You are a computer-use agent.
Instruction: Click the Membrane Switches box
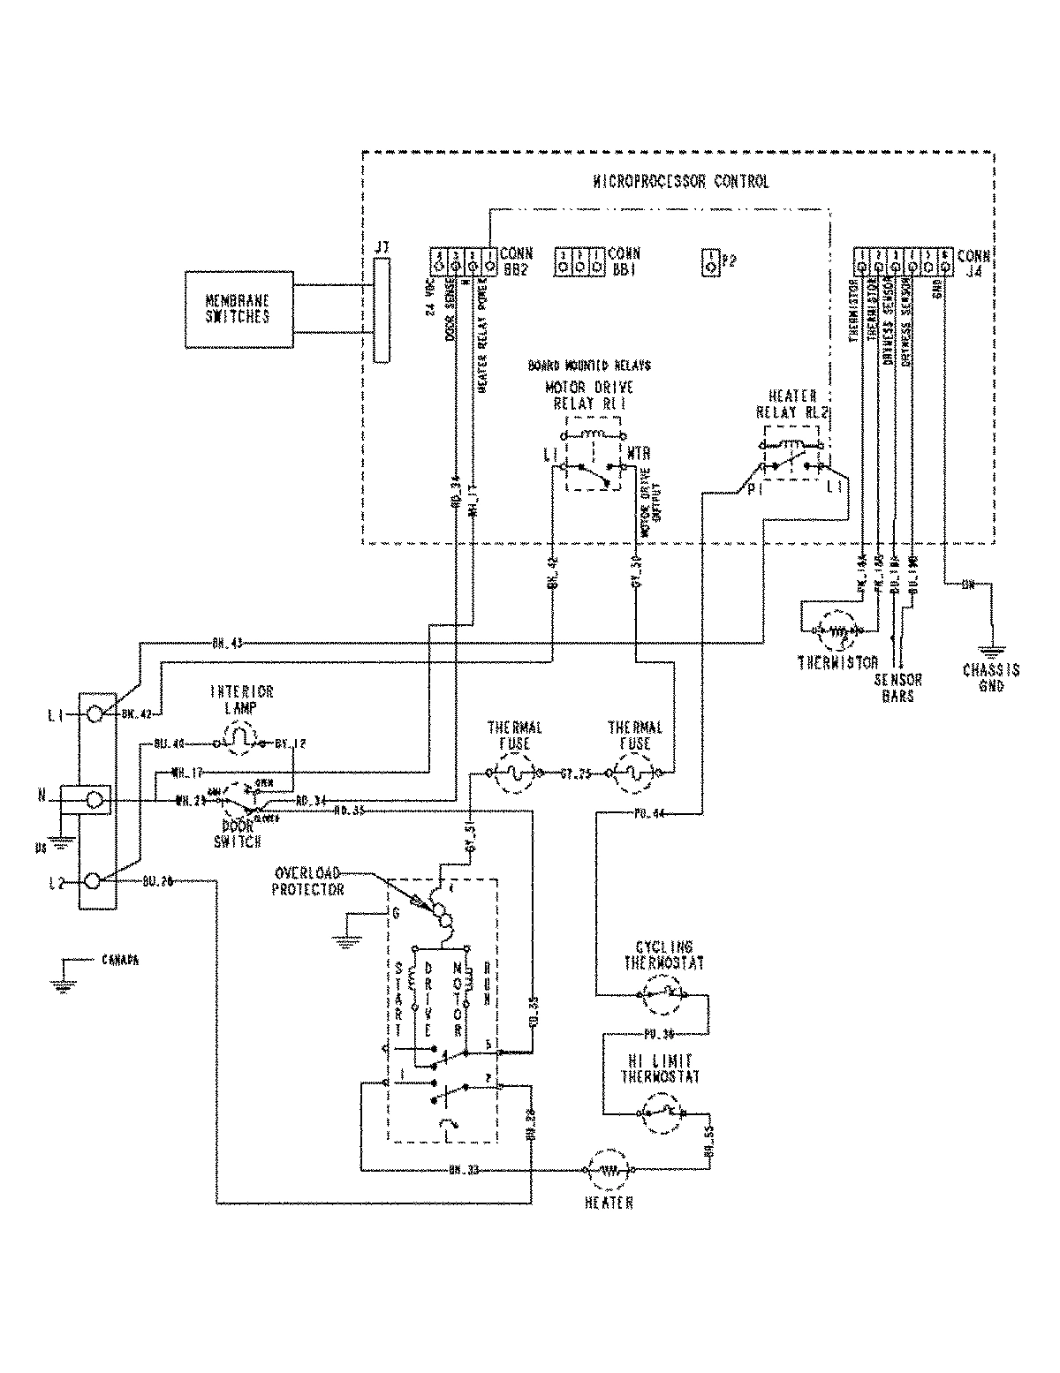pyautogui.click(x=238, y=309)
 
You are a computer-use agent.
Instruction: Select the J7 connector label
pyautogui.click(x=381, y=250)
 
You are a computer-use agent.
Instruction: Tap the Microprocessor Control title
pyautogui.click(x=680, y=182)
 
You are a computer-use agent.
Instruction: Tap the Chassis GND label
pyautogui.click(x=991, y=676)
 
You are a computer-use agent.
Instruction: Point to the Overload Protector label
pyautogui.click(x=307, y=881)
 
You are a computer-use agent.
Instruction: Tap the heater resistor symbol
pyautogui.click(x=607, y=1170)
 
